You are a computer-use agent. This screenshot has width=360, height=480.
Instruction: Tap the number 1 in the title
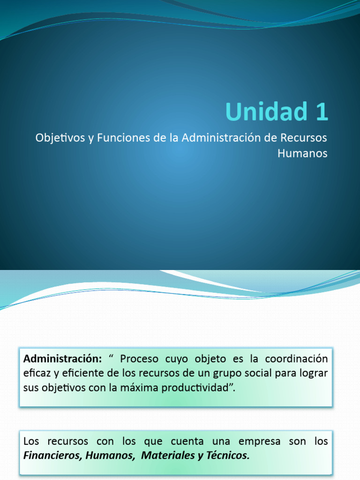(x=320, y=112)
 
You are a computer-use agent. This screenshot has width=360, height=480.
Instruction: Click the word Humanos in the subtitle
(x=302, y=153)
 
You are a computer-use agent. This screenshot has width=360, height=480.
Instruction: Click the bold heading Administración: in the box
(x=62, y=359)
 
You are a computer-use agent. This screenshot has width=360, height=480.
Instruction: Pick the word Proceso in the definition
(x=138, y=359)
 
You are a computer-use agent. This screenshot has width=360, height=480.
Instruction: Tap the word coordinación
(x=296, y=359)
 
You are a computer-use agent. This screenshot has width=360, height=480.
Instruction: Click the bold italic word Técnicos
(x=227, y=456)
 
